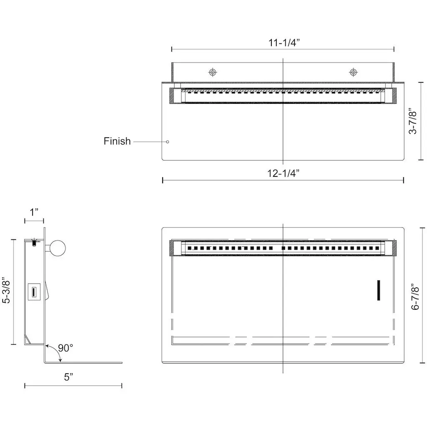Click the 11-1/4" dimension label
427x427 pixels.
[284, 43]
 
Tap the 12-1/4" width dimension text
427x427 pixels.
[283, 173]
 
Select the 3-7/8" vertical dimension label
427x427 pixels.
[413, 122]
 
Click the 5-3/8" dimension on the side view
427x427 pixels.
[6, 291]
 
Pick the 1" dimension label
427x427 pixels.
[34, 212]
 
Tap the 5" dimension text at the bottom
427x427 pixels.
[69, 377]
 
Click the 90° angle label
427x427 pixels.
[65, 348]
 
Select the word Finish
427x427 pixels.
[117, 141]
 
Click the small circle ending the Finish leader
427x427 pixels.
[168, 142]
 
